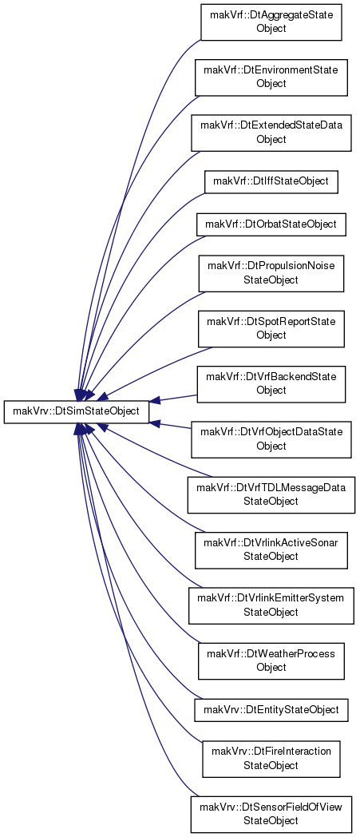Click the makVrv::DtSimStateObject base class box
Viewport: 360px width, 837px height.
[x=77, y=411]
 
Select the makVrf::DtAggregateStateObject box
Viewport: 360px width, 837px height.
[x=271, y=22]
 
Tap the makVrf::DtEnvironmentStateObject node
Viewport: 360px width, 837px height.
[x=271, y=77]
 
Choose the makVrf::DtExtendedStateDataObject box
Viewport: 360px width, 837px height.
[x=271, y=133]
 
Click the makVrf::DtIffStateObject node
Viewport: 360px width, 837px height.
[x=271, y=182]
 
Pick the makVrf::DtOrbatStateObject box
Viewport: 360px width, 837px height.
[x=271, y=224]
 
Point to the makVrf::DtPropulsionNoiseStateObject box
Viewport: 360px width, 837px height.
[x=271, y=273]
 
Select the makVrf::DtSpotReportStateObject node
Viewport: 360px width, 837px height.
[x=271, y=329]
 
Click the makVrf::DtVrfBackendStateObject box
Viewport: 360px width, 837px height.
[x=271, y=384]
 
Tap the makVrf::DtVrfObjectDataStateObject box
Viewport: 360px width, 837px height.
[x=271, y=440]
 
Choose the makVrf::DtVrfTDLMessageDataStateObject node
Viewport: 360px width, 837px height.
[x=271, y=495]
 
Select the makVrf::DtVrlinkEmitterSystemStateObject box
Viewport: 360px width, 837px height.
[x=271, y=606]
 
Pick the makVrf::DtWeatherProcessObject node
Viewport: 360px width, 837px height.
[x=271, y=661]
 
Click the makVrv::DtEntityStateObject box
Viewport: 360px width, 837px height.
[x=271, y=709]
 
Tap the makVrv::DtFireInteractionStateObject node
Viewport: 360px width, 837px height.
[x=271, y=759]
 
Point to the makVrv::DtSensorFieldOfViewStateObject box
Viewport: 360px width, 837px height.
[x=271, y=815]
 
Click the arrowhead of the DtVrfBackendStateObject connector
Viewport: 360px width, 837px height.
[x=154, y=401]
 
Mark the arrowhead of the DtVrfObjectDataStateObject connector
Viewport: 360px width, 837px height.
[x=154, y=422]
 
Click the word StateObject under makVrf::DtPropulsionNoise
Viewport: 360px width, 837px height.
[x=271, y=280]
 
